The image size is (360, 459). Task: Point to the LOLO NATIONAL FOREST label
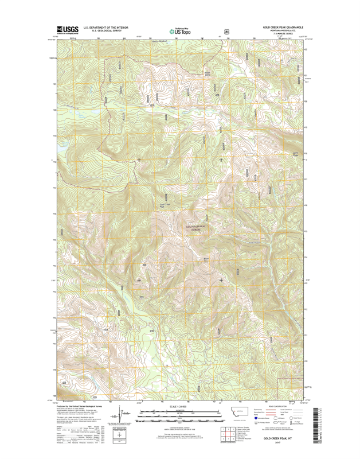coord(195,228)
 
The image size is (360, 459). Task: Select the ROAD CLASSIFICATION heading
coord(281,407)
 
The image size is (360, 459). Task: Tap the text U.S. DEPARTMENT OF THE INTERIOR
coord(105,27)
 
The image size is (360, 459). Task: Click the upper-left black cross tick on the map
coord(139,160)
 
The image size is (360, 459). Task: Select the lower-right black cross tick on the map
coord(221,280)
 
